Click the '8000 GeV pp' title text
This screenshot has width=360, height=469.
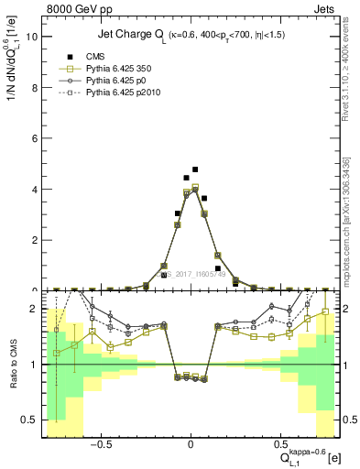pos(75,8)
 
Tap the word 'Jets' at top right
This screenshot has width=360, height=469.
pos(326,8)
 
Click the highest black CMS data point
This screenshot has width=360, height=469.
pos(195,169)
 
